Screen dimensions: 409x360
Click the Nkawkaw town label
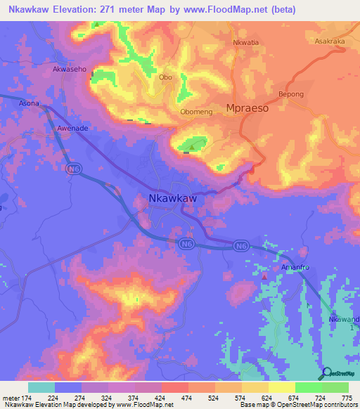[x=172, y=200]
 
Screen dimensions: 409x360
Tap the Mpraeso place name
[x=249, y=108]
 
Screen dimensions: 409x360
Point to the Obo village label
[x=166, y=78]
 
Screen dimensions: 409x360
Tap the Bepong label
[x=291, y=94]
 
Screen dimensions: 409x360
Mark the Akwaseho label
[x=70, y=70]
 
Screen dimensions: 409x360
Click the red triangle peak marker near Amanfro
[x=264, y=276]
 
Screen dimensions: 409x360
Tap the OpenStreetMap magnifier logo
[x=326, y=374]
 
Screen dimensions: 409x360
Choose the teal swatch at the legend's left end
[x=41, y=387]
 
